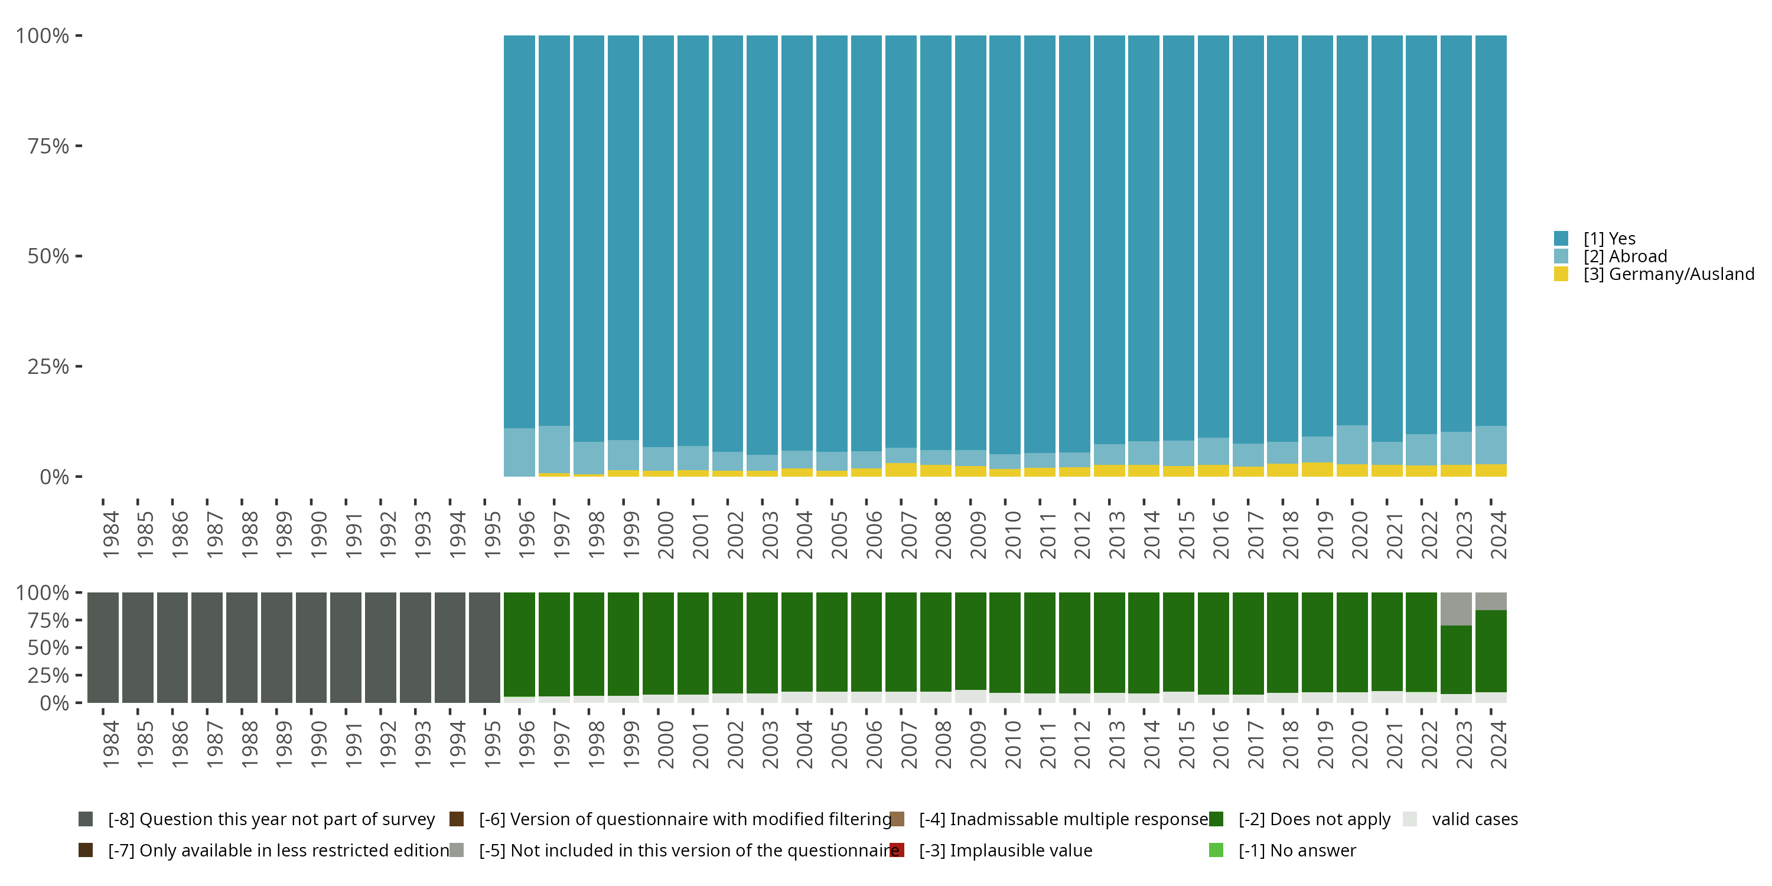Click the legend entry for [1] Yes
(1609, 239)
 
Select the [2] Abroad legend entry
(1625, 256)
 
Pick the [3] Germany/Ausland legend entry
(1668, 275)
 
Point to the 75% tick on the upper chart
(48, 146)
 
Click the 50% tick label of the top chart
(48, 256)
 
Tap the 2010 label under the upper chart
(1012, 535)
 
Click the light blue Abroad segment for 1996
(519, 452)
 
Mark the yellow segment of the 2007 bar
(900, 470)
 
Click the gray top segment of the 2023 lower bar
(1455, 608)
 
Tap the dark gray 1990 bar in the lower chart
(311, 647)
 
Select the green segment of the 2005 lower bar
(832, 642)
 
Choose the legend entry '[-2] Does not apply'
(1314, 819)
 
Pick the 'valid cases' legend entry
(1474, 819)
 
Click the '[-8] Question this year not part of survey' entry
(271, 819)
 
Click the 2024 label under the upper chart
(1498, 535)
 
